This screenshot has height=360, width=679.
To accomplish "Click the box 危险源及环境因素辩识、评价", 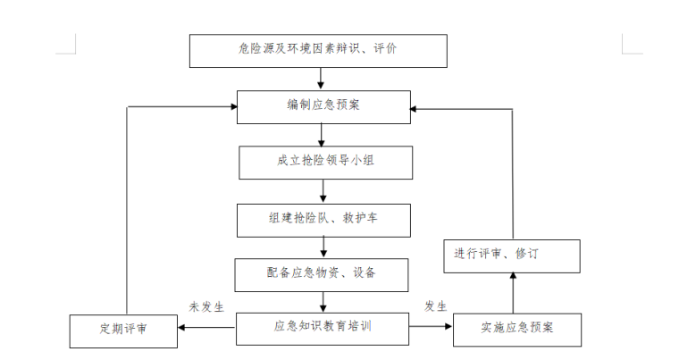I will pyautogui.click(x=318, y=51).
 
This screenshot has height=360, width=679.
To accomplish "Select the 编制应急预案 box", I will pyautogui.click(x=323, y=106).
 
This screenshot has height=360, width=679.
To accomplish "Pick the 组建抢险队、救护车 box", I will pyautogui.click(x=324, y=219).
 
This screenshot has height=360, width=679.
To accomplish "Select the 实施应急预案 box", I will pyautogui.click(x=517, y=329).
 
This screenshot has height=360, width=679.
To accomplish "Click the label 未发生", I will pyautogui.click(x=206, y=306).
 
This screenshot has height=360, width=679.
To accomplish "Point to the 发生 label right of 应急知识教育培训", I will pyautogui.click(x=435, y=306).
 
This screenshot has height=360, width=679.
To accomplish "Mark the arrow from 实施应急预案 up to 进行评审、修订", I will pyautogui.click(x=513, y=292).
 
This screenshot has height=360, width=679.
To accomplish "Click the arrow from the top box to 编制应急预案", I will pyautogui.click(x=321, y=79).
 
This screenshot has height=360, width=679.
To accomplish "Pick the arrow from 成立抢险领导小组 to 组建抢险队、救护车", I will pyautogui.click(x=323, y=191).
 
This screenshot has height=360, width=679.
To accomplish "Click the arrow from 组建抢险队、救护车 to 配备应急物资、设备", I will pyautogui.click(x=323, y=247).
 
